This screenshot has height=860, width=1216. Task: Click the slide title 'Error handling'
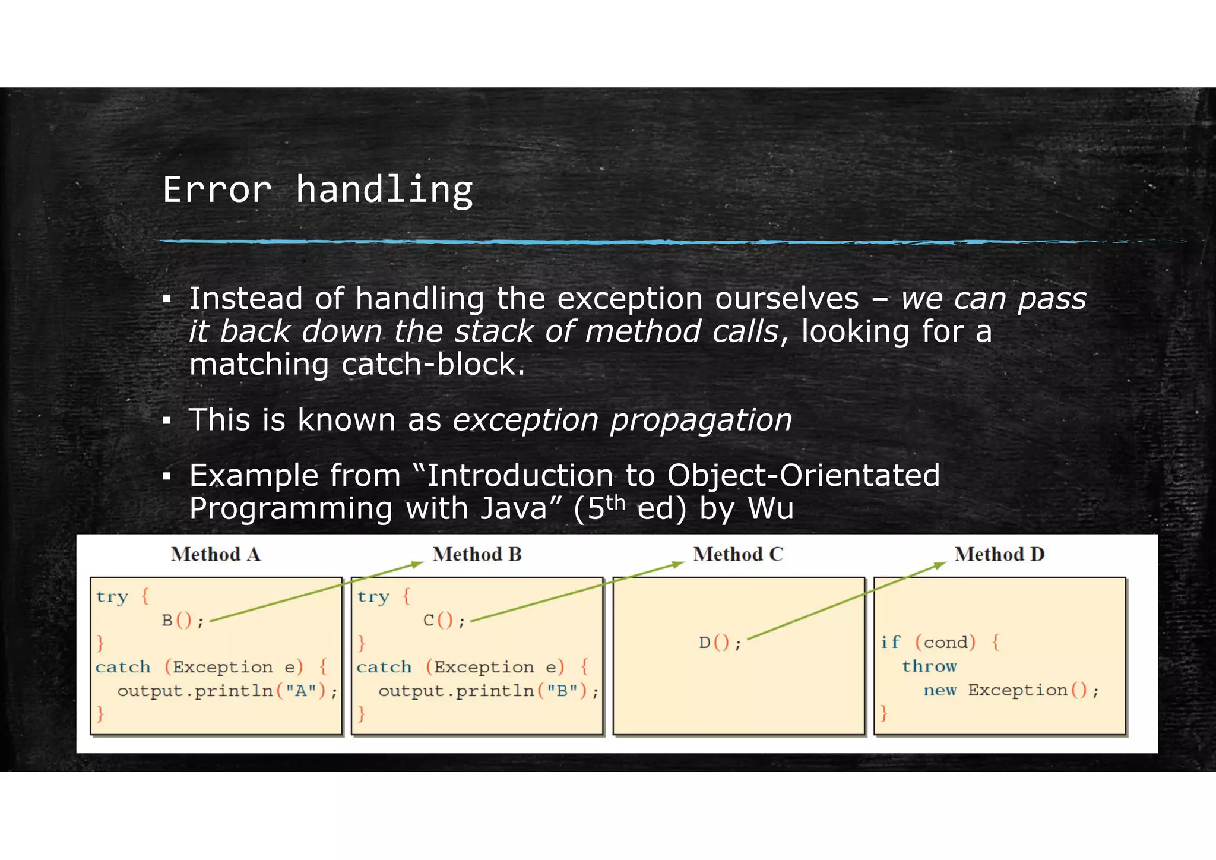[x=318, y=190]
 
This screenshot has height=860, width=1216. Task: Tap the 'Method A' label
[x=216, y=554]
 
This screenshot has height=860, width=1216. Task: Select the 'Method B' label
[x=477, y=554]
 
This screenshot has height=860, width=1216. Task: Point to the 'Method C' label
[x=738, y=554]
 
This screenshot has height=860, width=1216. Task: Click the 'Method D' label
[x=999, y=554]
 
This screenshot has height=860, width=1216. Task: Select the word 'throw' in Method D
[x=929, y=666]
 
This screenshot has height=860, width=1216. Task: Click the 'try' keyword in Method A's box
[x=112, y=597]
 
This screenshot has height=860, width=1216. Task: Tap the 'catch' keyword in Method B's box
[x=384, y=667]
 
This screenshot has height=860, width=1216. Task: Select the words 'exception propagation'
[x=622, y=420]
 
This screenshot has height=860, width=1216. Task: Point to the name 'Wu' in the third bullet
[x=770, y=508]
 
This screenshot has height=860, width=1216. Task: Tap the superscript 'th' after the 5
[x=616, y=502]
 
